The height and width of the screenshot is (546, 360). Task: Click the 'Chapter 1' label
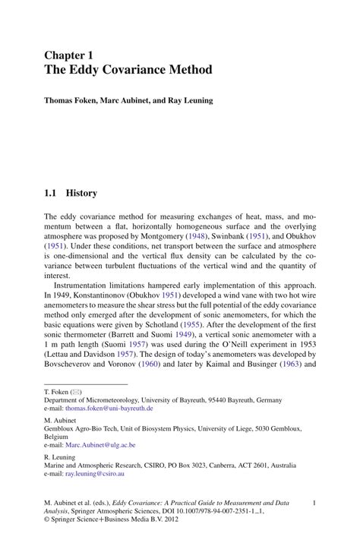(x=68, y=55)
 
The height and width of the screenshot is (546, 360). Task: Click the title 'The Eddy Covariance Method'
(x=128, y=70)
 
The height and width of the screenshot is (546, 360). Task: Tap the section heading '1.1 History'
(x=71, y=194)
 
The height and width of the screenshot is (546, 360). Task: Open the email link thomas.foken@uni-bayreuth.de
(x=114, y=408)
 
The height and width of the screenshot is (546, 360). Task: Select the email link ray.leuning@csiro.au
(x=95, y=474)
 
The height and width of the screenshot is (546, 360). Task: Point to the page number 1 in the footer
(x=314, y=502)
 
